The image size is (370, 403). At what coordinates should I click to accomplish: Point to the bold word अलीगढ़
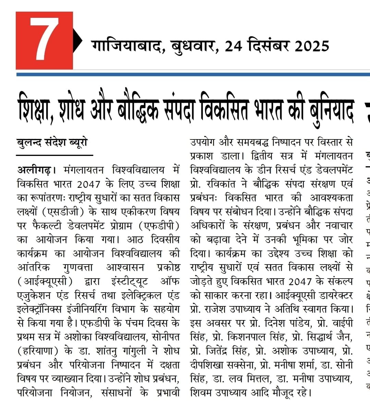(34, 170)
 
